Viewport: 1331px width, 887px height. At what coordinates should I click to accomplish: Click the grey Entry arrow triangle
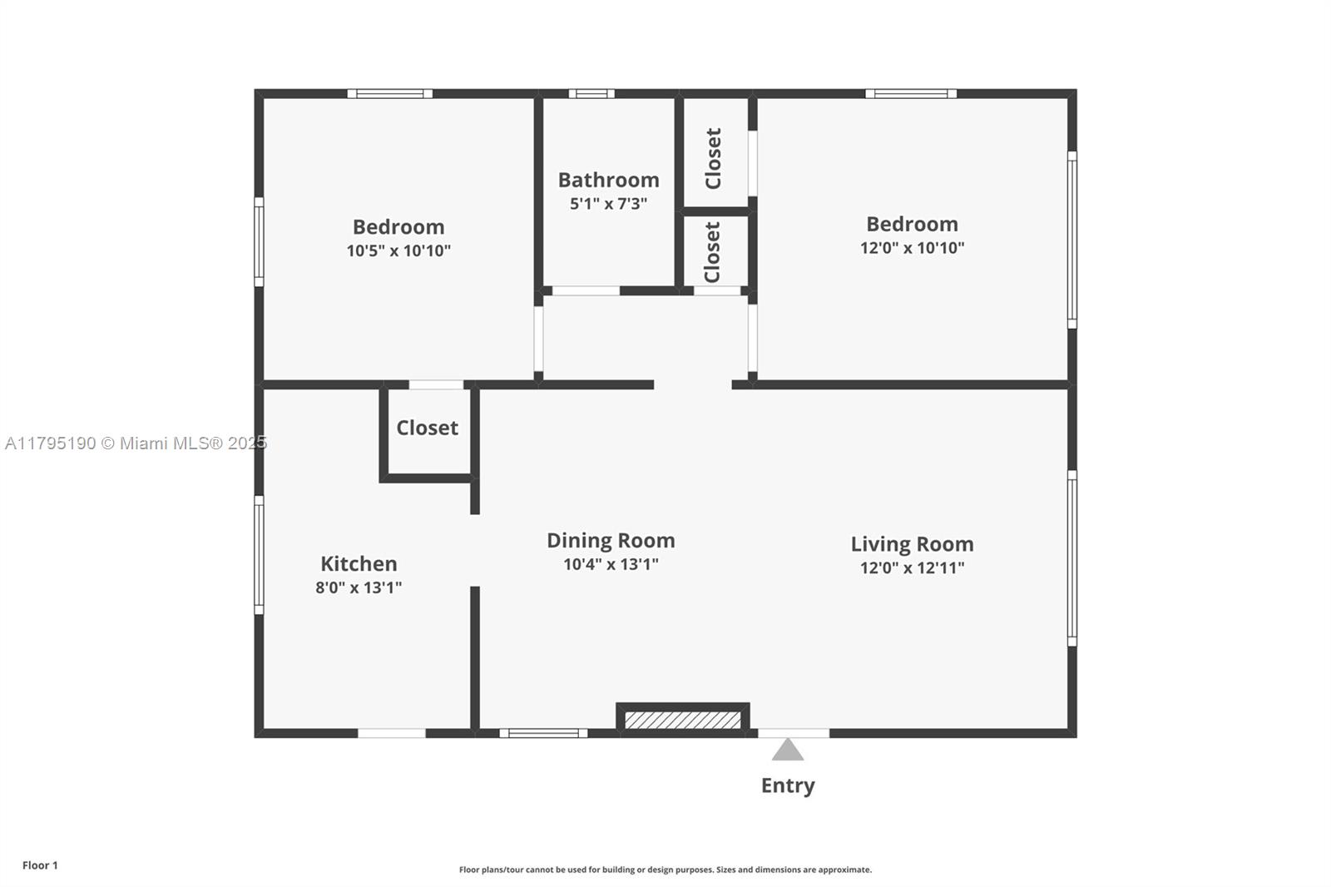(787, 751)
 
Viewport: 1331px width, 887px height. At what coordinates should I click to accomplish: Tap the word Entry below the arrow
(788, 786)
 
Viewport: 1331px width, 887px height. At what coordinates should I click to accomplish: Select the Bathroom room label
(608, 180)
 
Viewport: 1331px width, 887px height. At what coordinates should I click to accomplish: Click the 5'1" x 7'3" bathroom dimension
(608, 204)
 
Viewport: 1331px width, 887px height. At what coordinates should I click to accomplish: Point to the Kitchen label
(359, 563)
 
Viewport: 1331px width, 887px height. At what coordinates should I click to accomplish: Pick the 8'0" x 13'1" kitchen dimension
(359, 587)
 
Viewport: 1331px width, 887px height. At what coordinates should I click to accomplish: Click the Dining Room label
(611, 540)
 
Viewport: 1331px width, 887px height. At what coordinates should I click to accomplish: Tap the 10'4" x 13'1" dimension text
(611, 564)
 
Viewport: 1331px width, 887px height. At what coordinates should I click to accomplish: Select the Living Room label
(912, 544)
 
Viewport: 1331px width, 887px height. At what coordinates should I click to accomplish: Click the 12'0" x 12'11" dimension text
(912, 567)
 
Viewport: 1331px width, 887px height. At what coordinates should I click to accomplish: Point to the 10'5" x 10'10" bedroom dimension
(398, 251)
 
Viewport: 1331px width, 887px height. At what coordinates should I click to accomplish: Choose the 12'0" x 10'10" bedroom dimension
(912, 248)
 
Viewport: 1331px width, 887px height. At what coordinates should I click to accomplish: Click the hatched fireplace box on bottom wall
(683, 720)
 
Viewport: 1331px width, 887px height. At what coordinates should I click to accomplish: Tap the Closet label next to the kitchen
(428, 428)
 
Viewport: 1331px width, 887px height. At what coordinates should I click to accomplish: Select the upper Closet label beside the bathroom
(713, 159)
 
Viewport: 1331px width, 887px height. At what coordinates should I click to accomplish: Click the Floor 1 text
(41, 865)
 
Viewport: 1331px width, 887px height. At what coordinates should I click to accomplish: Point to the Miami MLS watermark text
(136, 443)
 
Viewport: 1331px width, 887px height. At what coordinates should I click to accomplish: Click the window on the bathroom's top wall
(591, 94)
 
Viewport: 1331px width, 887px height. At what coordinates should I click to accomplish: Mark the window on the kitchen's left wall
(259, 555)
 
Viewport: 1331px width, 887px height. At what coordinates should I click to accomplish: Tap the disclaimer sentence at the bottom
(665, 870)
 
